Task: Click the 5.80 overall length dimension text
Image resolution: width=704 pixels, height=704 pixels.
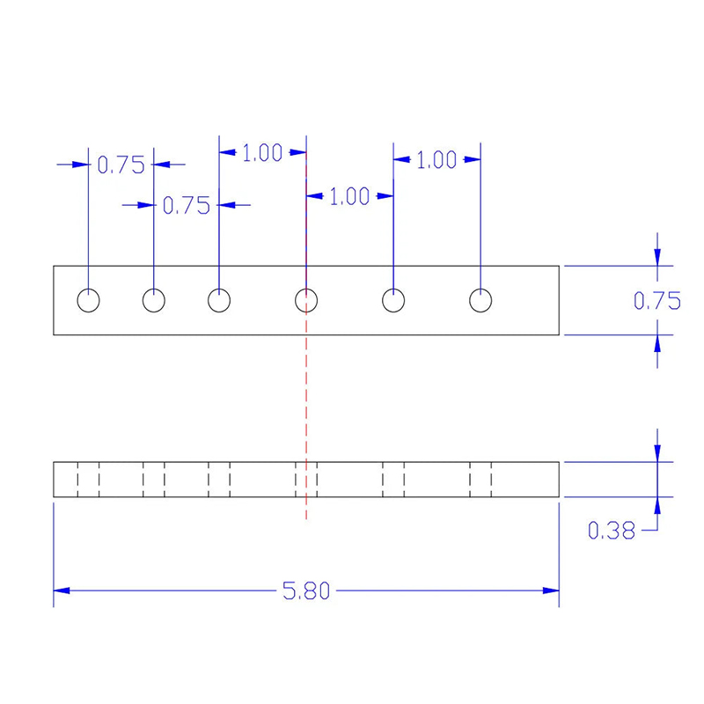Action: click(x=306, y=590)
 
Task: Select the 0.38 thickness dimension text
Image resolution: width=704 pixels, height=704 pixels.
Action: click(x=612, y=531)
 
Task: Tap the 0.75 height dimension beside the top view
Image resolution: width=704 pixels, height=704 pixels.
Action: click(x=657, y=300)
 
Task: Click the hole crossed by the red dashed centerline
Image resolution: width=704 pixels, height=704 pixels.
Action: click(x=306, y=300)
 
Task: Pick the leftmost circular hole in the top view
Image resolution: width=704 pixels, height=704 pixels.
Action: click(x=89, y=300)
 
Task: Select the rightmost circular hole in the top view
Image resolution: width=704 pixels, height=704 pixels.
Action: click(x=480, y=300)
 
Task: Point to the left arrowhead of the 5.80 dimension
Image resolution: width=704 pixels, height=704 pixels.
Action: click(x=62, y=590)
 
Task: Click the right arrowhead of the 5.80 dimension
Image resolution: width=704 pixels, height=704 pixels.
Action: click(x=551, y=590)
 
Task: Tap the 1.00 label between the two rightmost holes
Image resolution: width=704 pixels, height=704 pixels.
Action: click(x=436, y=160)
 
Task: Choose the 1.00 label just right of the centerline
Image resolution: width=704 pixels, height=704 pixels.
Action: click(x=349, y=196)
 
